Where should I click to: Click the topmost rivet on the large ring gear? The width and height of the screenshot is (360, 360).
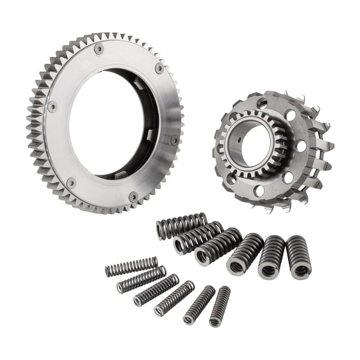click(x=99, y=49)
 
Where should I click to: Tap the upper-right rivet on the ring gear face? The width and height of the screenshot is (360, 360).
click(x=159, y=68)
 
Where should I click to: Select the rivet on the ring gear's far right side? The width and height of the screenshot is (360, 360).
click(x=175, y=140)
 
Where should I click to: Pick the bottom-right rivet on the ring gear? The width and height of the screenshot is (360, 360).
click(x=133, y=196)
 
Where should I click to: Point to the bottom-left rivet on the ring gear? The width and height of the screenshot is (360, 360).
click(x=71, y=182)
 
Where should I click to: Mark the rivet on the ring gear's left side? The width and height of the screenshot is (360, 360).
click(x=52, y=107)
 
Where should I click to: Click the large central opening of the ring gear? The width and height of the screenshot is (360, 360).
click(x=114, y=123)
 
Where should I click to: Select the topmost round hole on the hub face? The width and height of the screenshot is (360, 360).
click(x=262, y=103)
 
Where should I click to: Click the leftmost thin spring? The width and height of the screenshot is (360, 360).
click(x=131, y=266)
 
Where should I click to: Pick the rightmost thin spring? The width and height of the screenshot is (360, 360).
click(x=220, y=306)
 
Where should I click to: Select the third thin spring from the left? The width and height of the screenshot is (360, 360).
click(x=156, y=290)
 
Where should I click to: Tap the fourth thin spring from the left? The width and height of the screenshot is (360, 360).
click(x=174, y=298)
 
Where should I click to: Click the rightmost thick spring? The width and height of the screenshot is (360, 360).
click(x=298, y=257)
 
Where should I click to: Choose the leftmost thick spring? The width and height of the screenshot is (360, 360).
click(x=181, y=226)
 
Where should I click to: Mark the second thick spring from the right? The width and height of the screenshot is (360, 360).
click(x=272, y=257)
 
